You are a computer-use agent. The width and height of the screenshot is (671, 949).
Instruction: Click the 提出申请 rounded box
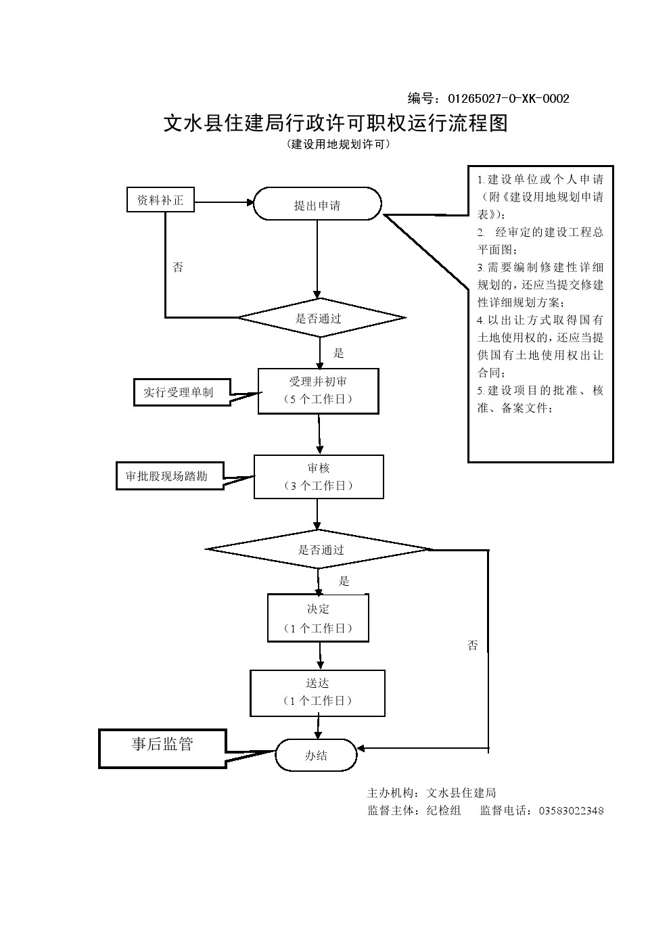(317, 204)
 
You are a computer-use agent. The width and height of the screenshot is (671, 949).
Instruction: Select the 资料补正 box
(160, 200)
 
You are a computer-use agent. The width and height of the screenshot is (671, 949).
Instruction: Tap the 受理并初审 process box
(318, 391)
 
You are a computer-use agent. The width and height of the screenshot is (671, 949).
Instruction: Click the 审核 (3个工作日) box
(319, 477)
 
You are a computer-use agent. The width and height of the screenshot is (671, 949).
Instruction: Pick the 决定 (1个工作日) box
(318, 618)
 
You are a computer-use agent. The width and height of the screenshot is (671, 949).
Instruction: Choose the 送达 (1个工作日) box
(317, 693)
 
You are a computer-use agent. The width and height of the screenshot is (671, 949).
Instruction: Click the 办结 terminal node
(316, 755)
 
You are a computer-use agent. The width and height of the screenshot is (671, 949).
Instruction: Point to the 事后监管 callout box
(162, 747)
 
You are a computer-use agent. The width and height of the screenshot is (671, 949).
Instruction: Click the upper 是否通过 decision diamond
(320, 318)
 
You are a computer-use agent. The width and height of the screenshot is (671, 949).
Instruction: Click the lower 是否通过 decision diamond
(319, 549)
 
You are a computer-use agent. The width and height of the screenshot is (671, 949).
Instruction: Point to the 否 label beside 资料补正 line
(178, 267)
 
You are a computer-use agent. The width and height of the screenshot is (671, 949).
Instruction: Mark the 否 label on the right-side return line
(473, 645)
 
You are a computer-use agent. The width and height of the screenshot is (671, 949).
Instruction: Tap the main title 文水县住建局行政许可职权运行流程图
(335, 123)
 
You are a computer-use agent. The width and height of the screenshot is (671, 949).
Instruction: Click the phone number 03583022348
(571, 810)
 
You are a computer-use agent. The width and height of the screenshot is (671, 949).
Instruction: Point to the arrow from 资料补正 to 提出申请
(223, 201)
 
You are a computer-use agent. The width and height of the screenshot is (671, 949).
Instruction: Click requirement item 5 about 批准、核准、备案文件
(540, 399)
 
